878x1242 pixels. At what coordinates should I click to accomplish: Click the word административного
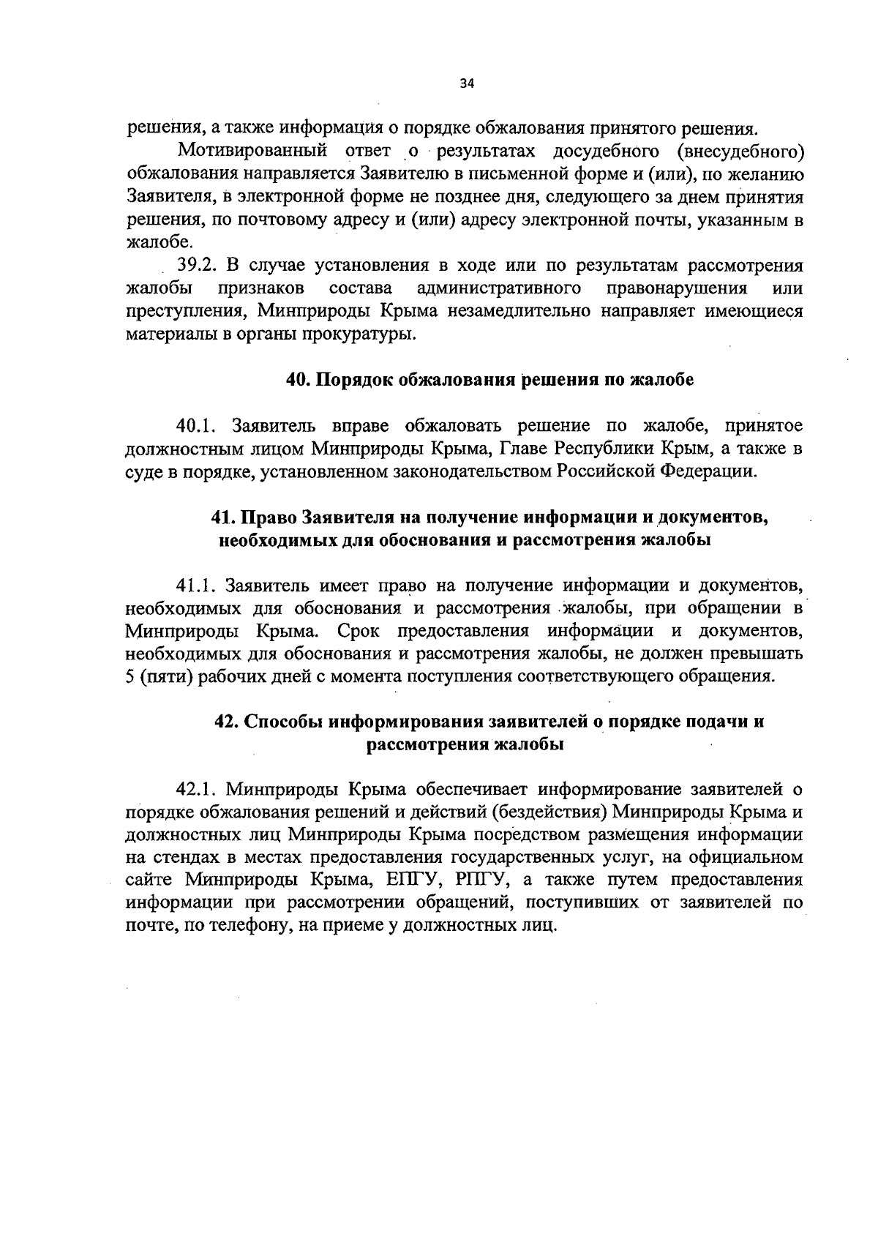tap(500, 288)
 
